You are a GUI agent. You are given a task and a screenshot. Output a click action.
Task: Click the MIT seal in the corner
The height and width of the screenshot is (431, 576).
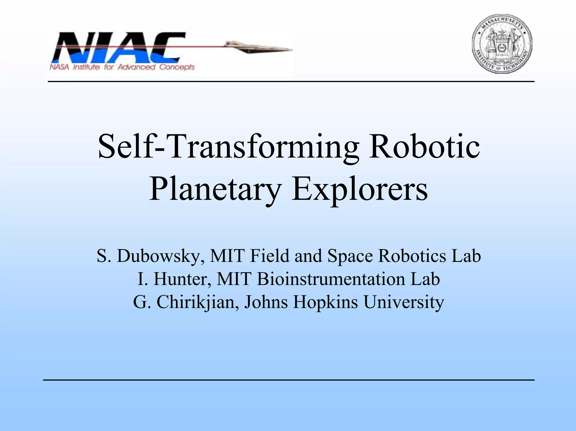pyautogui.click(x=502, y=44)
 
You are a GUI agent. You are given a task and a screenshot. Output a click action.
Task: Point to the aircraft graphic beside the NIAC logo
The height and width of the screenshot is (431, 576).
pyautogui.click(x=257, y=48)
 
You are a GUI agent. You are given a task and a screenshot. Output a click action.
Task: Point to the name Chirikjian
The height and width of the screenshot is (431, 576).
pyautogui.click(x=195, y=302)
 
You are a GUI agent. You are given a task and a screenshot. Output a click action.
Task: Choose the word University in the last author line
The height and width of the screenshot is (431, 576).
pyautogui.click(x=404, y=302)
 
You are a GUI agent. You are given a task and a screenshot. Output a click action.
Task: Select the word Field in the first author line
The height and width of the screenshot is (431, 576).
pyautogui.click(x=269, y=256)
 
